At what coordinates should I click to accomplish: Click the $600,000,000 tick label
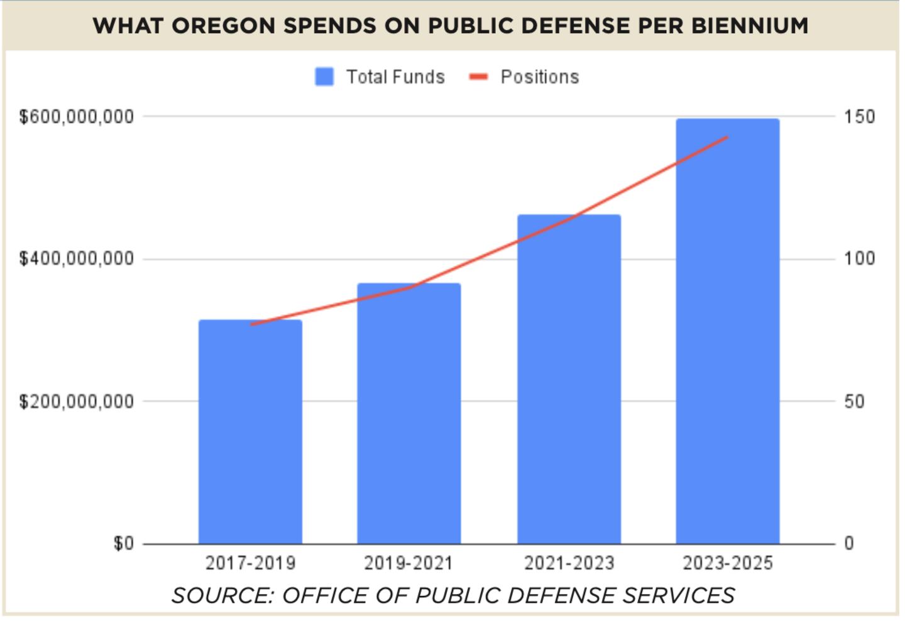coord(76,117)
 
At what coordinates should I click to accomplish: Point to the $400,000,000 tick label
coord(76,259)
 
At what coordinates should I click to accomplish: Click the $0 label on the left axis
coord(123,544)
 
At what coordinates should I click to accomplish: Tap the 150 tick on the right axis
coord(858,117)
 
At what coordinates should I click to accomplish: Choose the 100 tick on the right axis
coord(858,259)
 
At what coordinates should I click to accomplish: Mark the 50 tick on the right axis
coord(854,402)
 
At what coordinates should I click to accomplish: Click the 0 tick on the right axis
coord(849,544)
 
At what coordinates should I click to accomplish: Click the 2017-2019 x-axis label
coord(250,563)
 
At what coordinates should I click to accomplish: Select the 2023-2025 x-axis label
coord(727,563)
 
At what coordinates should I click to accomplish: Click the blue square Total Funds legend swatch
coord(324,77)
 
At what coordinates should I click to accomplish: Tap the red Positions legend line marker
coord(479,77)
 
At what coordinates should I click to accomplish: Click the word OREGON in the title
coord(223,26)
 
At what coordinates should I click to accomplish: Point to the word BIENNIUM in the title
coord(750,26)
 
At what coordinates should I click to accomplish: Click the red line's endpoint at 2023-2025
coord(727,137)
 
